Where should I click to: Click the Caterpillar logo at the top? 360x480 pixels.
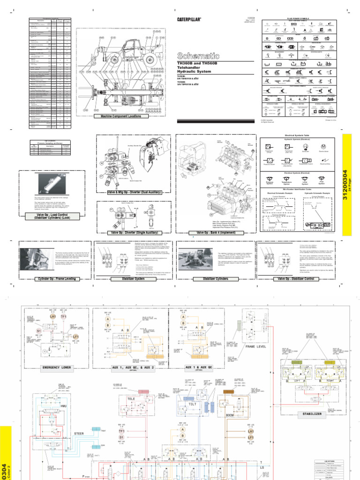click(189, 20)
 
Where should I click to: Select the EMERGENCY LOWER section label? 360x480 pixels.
click(56, 367)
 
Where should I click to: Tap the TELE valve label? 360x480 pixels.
click(130, 399)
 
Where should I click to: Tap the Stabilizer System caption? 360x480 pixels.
click(133, 278)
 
